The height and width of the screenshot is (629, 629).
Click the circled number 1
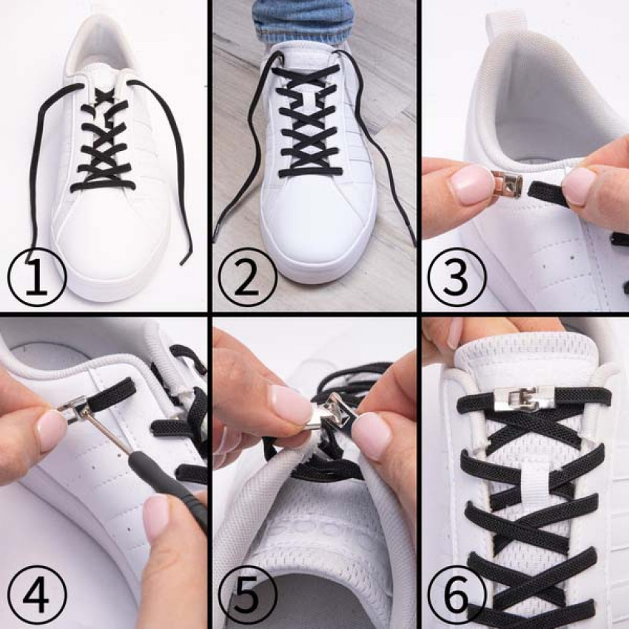[37, 277]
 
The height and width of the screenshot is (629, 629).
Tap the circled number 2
[247, 277]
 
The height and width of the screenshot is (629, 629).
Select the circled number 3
[456, 277]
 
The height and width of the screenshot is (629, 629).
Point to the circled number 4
[37, 594]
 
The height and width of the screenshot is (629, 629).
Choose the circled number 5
[247, 594]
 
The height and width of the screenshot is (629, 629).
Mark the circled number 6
[456, 594]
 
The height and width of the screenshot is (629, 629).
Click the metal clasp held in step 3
[508, 184]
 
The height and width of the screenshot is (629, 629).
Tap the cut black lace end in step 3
[548, 192]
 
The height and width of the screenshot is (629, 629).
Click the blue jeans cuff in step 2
[303, 24]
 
